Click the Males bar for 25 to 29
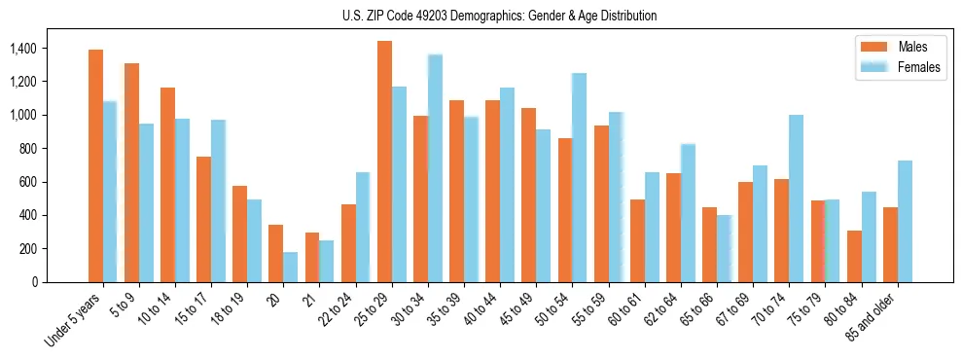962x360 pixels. click(x=384, y=162)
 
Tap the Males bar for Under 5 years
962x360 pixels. click(x=95, y=165)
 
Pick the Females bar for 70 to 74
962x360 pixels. click(x=796, y=198)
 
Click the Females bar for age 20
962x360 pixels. click(x=291, y=267)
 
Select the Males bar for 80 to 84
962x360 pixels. click(x=854, y=256)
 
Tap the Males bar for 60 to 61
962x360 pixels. click(x=637, y=240)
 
